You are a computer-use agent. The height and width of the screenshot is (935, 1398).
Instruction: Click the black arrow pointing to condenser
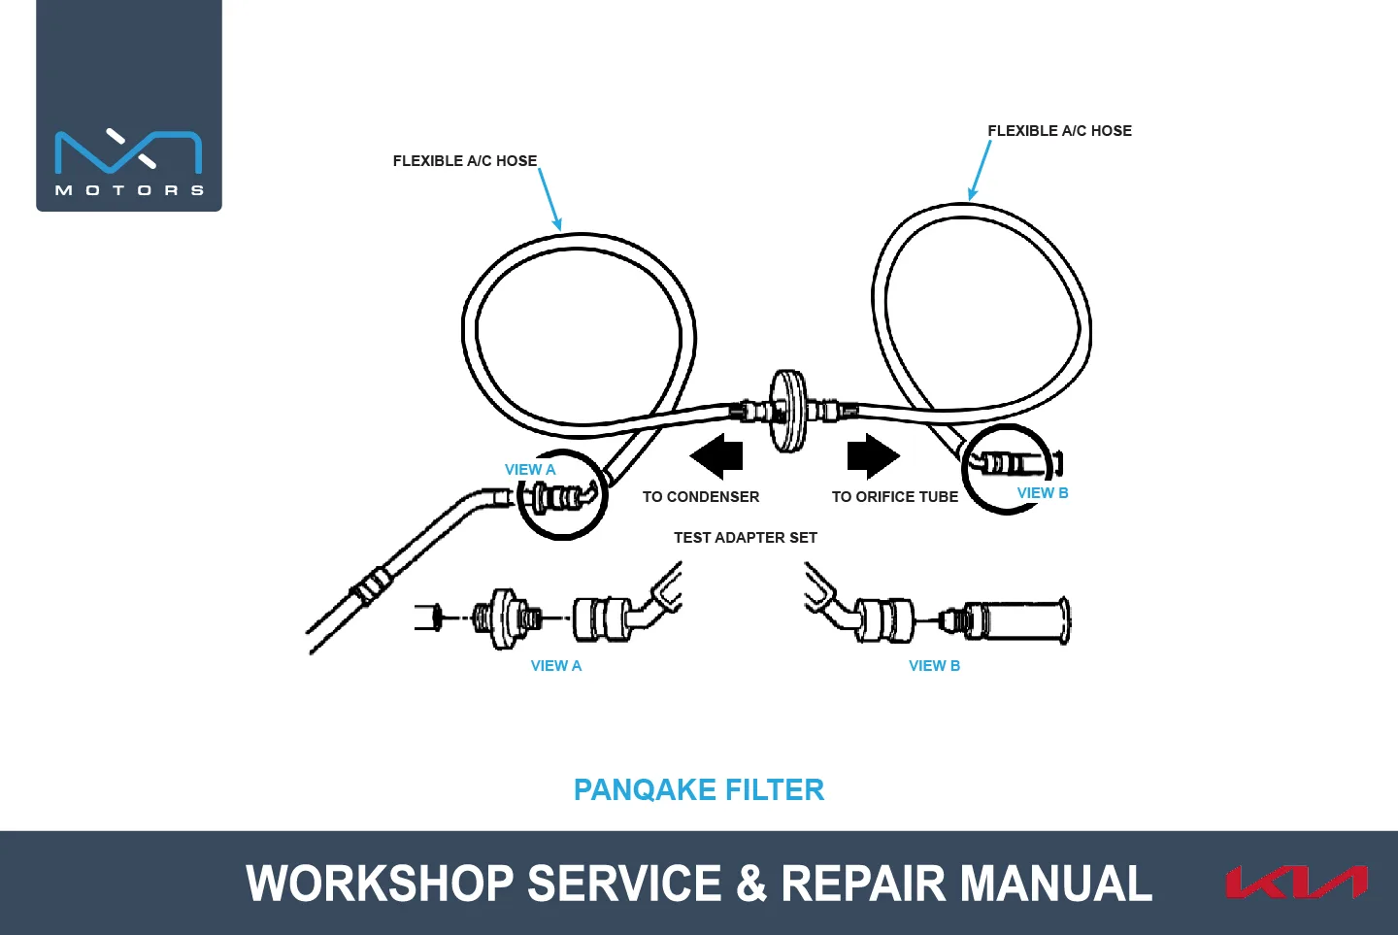pos(716,456)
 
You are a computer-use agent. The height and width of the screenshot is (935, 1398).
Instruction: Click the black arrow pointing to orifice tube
pos(874,456)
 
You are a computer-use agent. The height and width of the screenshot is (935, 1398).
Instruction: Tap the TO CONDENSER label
pos(701,497)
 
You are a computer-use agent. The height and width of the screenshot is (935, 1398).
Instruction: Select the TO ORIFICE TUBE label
pos(895,497)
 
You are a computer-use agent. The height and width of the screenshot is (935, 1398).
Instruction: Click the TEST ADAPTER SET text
pos(746,538)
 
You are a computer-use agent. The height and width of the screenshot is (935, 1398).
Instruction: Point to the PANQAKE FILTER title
pos(699,789)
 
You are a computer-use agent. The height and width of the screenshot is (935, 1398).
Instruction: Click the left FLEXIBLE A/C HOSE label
pos(465,161)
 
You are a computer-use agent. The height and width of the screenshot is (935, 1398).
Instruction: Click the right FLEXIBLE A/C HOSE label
pos(1060,131)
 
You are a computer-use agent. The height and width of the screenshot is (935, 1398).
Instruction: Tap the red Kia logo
pos(1297,882)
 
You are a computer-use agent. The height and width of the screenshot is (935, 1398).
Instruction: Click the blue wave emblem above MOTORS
pos(128,151)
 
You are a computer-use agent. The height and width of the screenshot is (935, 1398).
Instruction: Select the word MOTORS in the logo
pos(129,190)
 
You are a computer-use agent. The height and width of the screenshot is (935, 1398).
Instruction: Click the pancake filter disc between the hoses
pos(788,410)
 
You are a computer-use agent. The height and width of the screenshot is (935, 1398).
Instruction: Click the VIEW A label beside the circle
pos(530,469)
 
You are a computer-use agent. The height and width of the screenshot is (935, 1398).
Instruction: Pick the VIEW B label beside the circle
pos(1043,493)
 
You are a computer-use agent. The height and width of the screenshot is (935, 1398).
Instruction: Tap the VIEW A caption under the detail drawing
pos(556,666)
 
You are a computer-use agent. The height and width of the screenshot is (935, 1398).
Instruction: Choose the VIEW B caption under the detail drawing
pos(934,666)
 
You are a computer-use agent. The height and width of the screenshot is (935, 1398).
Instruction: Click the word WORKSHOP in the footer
pos(380,884)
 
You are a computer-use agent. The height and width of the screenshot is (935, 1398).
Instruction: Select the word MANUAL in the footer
pos(1055,884)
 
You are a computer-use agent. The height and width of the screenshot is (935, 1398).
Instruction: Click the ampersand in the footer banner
pos(751,884)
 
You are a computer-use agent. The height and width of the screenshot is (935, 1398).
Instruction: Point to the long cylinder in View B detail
pos(1016,621)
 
